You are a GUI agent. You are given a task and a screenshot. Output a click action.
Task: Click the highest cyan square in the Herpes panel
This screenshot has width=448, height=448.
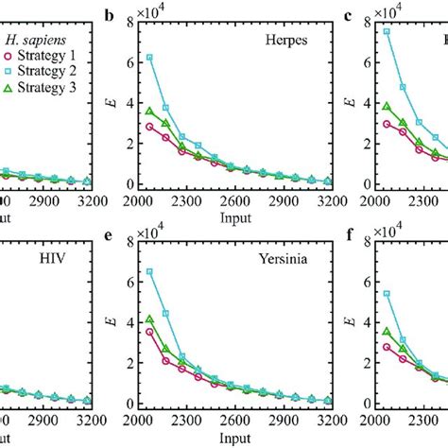point(149,58)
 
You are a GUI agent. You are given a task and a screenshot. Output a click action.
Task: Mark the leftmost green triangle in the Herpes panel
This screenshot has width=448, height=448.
point(149,111)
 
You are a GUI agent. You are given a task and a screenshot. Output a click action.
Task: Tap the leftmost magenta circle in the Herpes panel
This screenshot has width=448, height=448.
point(149,126)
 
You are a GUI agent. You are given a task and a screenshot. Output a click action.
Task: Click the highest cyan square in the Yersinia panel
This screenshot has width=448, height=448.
point(149,271)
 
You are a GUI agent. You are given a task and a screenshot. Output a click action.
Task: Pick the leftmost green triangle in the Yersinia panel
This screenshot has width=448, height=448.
point(149,320)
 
